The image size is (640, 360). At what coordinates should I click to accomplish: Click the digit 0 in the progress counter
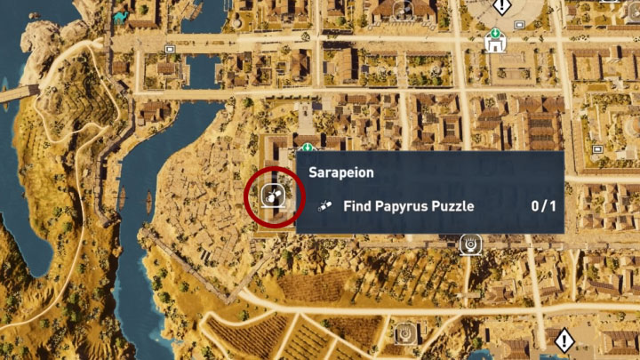point(536,206)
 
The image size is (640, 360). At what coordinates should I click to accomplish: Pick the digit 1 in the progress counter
point(552,206)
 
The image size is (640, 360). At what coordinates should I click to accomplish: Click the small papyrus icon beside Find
point(324,206)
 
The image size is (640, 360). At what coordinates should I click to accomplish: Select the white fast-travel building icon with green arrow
point(494,41)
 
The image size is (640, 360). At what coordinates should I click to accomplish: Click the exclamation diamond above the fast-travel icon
point(502,7)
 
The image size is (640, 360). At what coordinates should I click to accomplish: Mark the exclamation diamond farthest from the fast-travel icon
point(564,340)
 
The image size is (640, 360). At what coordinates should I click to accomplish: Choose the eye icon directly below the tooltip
point(469,243)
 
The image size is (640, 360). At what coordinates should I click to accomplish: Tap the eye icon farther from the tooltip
point(404,333)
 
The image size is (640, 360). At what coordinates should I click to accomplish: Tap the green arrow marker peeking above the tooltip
point(308,147)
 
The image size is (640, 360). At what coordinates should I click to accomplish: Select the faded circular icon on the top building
point(403,8)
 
